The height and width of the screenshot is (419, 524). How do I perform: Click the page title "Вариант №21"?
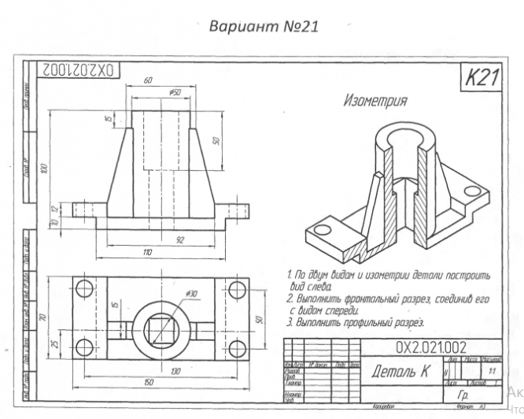262,26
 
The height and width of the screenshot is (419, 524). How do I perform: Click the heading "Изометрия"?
375,101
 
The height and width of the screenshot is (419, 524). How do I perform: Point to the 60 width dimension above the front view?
147,81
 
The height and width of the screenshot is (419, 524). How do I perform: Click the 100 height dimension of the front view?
46,167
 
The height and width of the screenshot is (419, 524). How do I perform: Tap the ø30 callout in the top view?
193,294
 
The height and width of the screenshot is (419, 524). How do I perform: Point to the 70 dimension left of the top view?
46,319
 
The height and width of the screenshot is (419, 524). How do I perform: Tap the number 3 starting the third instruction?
289,322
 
